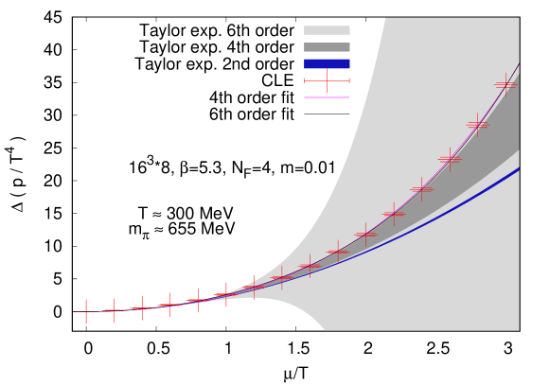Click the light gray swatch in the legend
[x=327, y=30]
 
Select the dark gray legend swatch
[x=327, y=47]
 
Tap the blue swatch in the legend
[x=327, y=64]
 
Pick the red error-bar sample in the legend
[x=327, y=80]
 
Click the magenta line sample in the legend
[x=327, y=97]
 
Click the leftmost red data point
[x=86, y=311]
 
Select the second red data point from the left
[x=114, y=310]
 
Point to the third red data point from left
[x=142, y=308]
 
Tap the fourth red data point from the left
[x=169, y=305]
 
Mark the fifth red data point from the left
[x=198, y=301]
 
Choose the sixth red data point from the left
[x=225, y=295]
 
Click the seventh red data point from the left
[x=254, y=288]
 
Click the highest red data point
[x=505, y=85]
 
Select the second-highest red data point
[x=477, y=125]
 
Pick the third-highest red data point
[x=450, y=159]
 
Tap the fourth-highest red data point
[x=421, y=189]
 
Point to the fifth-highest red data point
[x=394, y=214]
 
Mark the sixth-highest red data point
[x=365, y=235]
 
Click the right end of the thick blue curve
[x=517, y=169]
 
